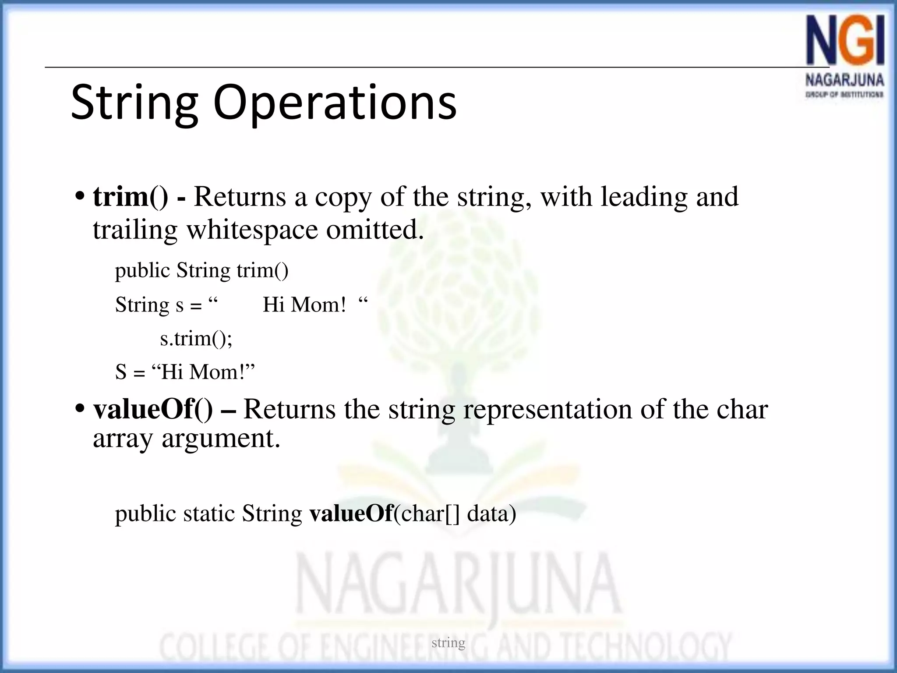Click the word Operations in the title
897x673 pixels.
click(335, 103)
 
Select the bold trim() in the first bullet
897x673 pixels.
click(130, 197)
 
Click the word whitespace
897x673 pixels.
click(252, 230)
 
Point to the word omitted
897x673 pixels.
click(375, 230)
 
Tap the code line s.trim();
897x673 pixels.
click(196, 339)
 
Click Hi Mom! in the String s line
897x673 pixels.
click(304, 305)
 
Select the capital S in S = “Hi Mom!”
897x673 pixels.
click(120, 372)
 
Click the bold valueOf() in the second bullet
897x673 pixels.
click(153, 409)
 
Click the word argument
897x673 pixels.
click(221, 438)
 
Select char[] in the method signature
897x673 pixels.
click(431, 514)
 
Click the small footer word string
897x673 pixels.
click(448, 643)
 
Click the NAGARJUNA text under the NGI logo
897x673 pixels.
click(844, 81)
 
